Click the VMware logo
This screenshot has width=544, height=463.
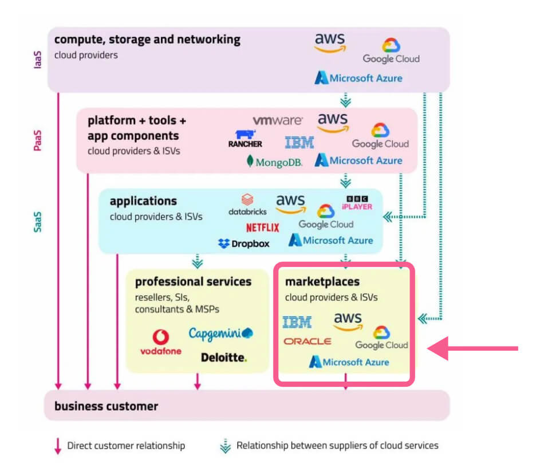(x=278, y=120)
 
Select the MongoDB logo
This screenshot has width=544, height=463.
(x=274, y=162)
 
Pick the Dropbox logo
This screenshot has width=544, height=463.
(x=244, y=244)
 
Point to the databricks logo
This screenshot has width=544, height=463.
(x=247, y=205)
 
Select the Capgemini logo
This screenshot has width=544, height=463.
(x=220, y=333)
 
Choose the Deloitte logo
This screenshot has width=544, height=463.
(x=224, y=358)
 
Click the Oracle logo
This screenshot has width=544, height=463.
(x=308, y=341)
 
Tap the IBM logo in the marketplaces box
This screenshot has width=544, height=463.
(x=297, y=323)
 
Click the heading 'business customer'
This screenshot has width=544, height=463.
(x=106, y=406)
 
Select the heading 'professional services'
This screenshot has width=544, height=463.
(x=193, y=282)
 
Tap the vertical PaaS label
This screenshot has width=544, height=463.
(x=38, y=140)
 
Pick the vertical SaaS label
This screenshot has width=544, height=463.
(x=38, y=221)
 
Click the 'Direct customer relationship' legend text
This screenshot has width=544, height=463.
(x=126, y=445)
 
